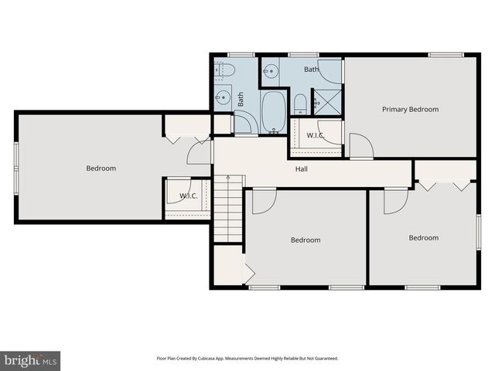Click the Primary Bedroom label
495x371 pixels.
tap(410, 109)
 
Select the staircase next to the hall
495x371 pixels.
tap(228, 207)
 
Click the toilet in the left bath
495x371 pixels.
tap(227, 71)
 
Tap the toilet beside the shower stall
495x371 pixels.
tap(300, 104)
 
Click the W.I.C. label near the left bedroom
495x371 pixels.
tap(189, 196)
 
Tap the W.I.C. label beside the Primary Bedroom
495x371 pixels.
tap(315, 136)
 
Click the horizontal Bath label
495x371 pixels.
tap(311, 70)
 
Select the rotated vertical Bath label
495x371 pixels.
tap(241, 99)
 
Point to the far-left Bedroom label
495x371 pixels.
tap(101, 168)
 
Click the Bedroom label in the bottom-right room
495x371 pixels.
tap(423, 238)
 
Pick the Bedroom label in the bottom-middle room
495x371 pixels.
tap(306, 240)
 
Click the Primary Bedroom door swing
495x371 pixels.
tap(359, 145)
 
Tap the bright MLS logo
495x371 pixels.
tap(31, 359)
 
